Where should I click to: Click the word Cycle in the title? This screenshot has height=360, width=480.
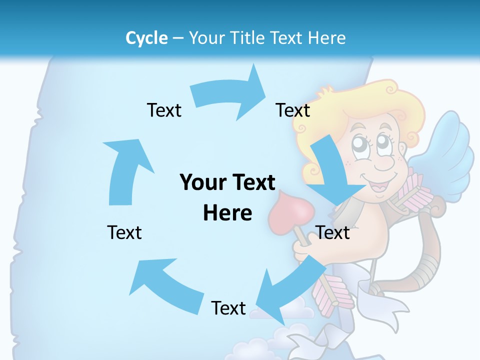tap(146, 38)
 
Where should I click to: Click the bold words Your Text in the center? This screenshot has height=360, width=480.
tap(227, 183)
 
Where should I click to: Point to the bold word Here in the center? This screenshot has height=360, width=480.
tap(227, 213)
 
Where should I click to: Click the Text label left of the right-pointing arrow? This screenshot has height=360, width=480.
tap(164, 110)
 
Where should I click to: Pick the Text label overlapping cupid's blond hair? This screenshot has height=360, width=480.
tap(293, 110)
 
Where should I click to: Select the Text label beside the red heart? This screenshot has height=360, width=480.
tap(332, 232)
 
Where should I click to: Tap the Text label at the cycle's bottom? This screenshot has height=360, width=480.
tap(228, 308)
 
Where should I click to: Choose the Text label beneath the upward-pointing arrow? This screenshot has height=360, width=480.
tap(124, 232)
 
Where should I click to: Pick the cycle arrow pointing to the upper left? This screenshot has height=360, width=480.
tap(160, 280)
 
